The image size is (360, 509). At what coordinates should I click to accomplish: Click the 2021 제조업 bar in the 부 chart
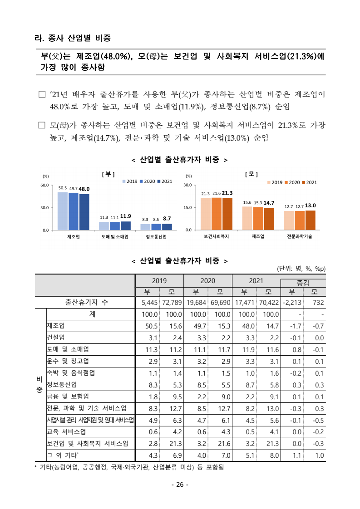(84, 212)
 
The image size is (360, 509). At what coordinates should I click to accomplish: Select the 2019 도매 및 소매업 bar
(104, 225)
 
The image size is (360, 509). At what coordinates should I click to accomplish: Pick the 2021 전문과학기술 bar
(311, 220)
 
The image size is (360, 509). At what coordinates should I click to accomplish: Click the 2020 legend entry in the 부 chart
(149, 181)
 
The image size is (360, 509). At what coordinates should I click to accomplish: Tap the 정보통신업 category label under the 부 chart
(156, 237)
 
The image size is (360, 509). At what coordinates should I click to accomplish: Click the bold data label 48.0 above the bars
(84, 189)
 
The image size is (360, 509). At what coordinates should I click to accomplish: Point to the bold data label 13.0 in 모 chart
(311, 206)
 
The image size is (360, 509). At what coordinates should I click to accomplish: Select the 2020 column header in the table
(207, 281)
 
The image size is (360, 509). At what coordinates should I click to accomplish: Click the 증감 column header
(303, 283)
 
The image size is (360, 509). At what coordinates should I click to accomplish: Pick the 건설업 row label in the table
(56, 338)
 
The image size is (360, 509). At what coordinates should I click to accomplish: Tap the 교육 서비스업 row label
(66, 431)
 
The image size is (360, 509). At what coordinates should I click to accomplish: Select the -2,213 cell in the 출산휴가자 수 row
(292, 303)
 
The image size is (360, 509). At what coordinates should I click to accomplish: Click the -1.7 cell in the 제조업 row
(292, 326)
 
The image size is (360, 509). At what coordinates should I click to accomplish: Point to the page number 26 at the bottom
(180, 485)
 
